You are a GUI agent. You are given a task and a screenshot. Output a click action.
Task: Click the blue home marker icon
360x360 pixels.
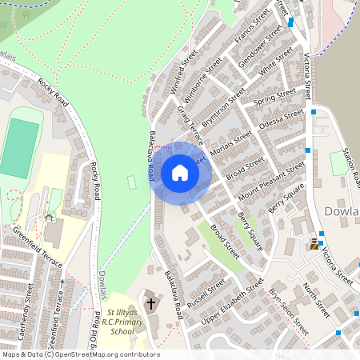179,172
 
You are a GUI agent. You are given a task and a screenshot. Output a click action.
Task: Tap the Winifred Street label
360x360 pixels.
184,71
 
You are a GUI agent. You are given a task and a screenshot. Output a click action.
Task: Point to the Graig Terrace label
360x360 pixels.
192,121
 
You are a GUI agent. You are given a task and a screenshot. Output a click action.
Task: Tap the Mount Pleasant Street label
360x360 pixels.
271,180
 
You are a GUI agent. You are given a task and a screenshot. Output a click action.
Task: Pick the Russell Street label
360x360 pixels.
206,294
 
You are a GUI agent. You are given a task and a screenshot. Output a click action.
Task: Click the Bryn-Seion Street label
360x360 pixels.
289,311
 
